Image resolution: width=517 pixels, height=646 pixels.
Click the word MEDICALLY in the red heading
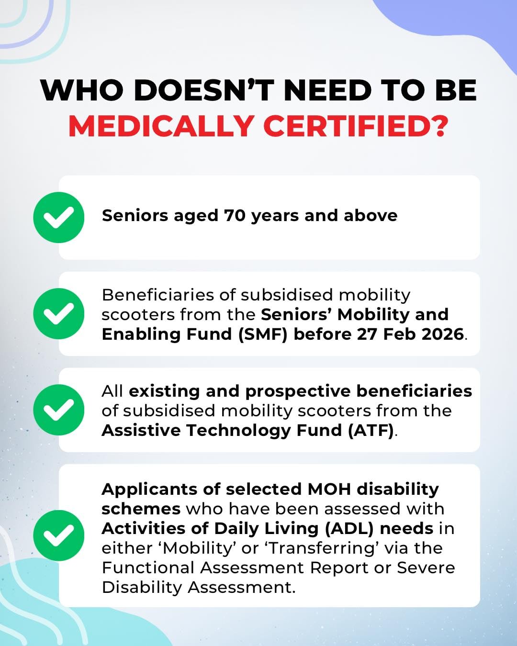(161, 126)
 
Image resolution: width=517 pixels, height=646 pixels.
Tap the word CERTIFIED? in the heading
(356, 126)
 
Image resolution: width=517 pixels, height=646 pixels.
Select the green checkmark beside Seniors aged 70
(59, 217)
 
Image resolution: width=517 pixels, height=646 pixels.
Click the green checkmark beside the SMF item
(59, 314)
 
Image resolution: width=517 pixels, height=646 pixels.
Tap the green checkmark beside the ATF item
(59, 410)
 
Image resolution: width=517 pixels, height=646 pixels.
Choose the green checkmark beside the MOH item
(59, 535)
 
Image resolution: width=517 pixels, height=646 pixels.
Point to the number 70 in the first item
(235, 216)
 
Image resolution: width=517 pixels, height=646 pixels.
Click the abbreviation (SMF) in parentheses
(263, 334)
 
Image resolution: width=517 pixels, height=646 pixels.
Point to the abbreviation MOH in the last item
(329, 489)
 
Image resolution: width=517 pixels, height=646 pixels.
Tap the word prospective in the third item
(298, 391)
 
